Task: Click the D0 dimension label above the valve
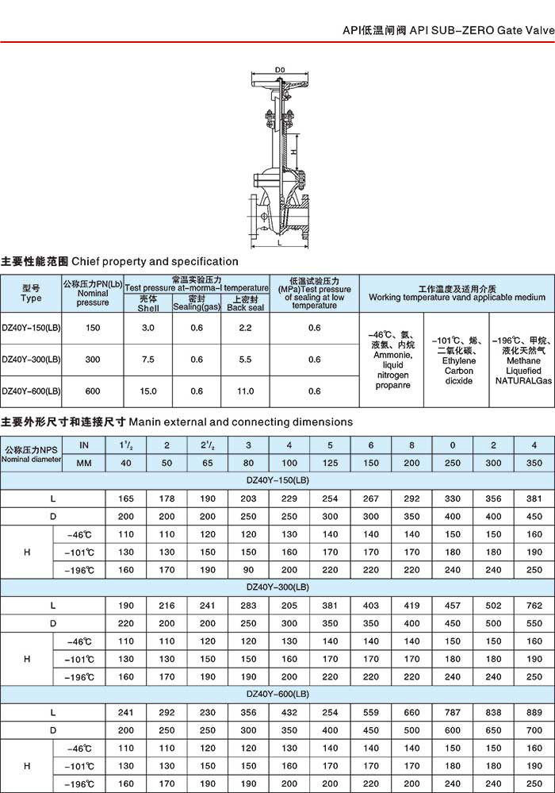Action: (x=279, y=71)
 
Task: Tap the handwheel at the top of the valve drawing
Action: (x=279, y=82)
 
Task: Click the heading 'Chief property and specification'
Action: (x=155, y=261)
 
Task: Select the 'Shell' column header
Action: (x=148, y=306)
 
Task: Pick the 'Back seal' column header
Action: (x=245, y=306)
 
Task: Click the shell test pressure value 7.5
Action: (x=148, y=360)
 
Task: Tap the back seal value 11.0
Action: (x=245, y=391)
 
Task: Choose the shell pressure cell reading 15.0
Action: (x=148, y=391)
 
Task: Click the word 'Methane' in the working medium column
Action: (x=522, y=360)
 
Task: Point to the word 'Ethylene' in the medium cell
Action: (x=458, y=360)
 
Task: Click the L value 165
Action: (x=126, y=499)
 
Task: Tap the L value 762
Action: (x=534, y=606)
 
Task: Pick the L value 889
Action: (x=534, y=712)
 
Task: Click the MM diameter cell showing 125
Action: (x=331, y=463)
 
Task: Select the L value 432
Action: (x=289, y=712)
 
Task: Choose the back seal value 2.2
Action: (x=245, y=328)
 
